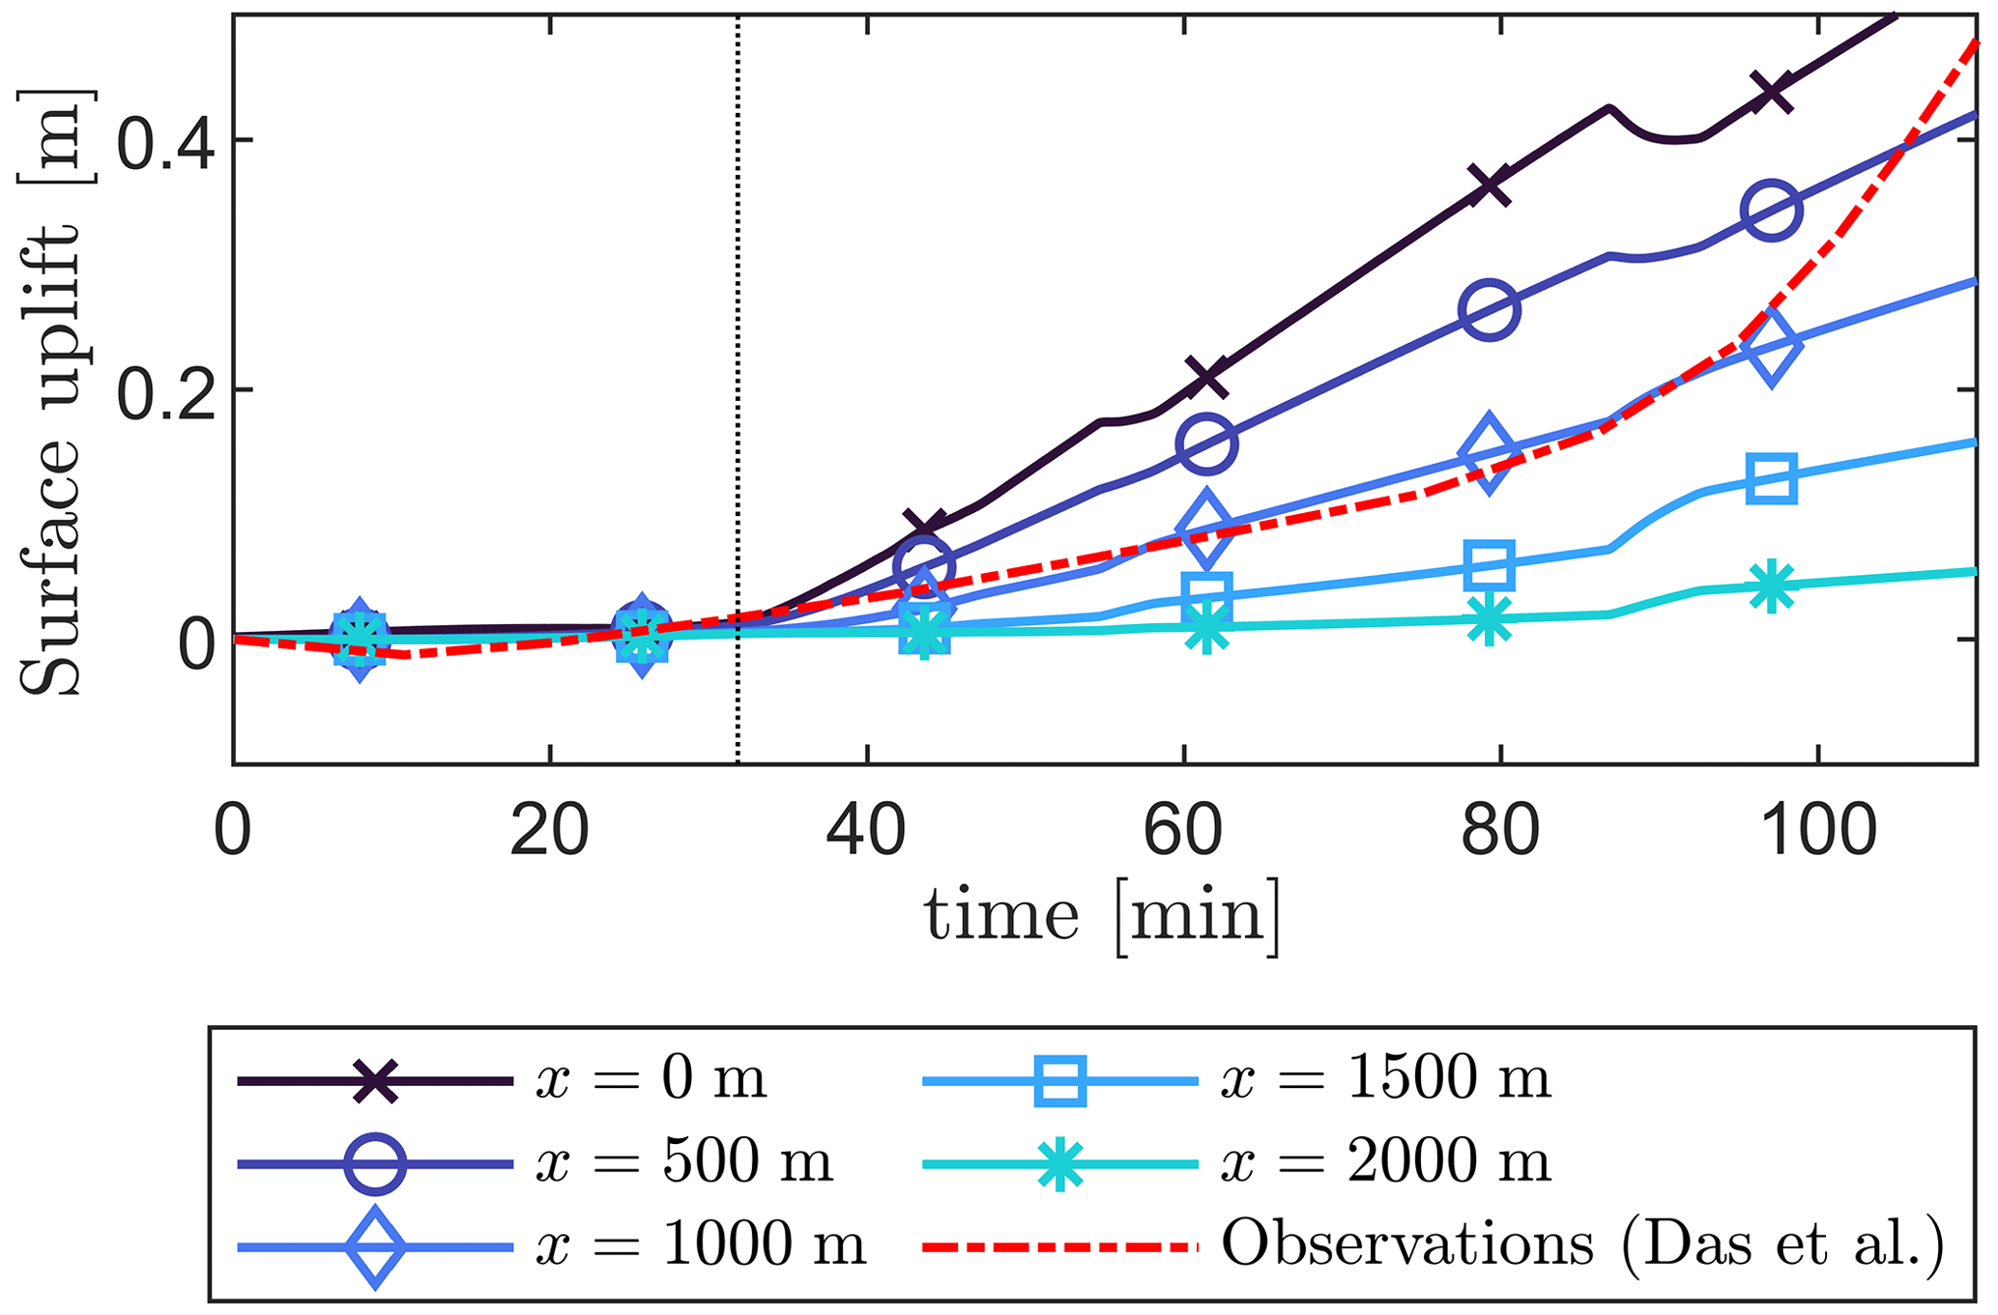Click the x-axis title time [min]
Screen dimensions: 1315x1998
pos(1103,915)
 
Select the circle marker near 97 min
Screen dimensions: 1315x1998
pos(1771,210)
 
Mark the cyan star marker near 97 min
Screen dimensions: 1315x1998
pos(1771,586)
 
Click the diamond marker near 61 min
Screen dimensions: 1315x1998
pos(1206,529)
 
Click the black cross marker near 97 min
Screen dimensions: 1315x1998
pos(1771,92)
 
